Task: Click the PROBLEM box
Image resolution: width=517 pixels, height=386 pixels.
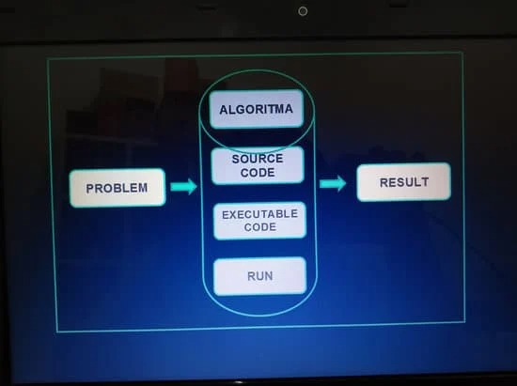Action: pyautogui.click(x=117, y=188)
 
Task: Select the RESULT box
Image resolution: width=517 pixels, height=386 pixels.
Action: pyautogui.click(x=403, y=182)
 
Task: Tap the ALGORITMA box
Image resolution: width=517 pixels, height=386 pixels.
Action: pyautogui.click(x=257, y=109)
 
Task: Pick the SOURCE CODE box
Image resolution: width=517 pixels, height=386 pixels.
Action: pyautogui.click(x=258, y=165)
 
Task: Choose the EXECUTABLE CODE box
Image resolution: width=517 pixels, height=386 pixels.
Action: pyautogui.click(x=259, y=221)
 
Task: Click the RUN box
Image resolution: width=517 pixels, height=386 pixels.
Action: pyautogui.click(x=260, y=276)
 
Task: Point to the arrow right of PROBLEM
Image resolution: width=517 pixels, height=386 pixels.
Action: pyautogui.click(x=183, y=187)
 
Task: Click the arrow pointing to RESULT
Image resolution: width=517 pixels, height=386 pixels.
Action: pyautogui.click(x=333, y=183)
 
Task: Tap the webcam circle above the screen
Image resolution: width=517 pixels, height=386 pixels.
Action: pyautogui.click(x=303, y=11)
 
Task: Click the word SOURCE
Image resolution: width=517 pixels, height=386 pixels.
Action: pyautogui.click(x=258, y=159)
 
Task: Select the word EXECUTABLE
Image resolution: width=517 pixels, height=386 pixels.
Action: pyautogui.click(x=259, y=214)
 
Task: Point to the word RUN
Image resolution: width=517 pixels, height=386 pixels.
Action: pyautogui.click(x=260, y=276)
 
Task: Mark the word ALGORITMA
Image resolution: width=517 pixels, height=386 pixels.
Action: pyautogui.click(x=257, y=109)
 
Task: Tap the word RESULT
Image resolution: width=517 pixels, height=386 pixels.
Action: pyautogui.click(x=404, y=182)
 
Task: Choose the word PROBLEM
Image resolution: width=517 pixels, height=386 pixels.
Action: pyautogui.click(x=117, y=188)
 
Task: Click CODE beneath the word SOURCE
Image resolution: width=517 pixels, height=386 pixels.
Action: pyautogui.click(x=258, y=172)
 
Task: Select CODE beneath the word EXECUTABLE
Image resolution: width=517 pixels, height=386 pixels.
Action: pyautogui.click(x=260, y=227)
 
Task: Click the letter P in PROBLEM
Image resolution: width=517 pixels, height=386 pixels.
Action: pyautogui.click(x=89, y=189)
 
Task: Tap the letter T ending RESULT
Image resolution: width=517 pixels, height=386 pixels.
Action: pyautogui.click(x=425, y=182)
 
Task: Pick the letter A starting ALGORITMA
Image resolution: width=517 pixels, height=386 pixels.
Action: pyautogui.click(x=223, y=110)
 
